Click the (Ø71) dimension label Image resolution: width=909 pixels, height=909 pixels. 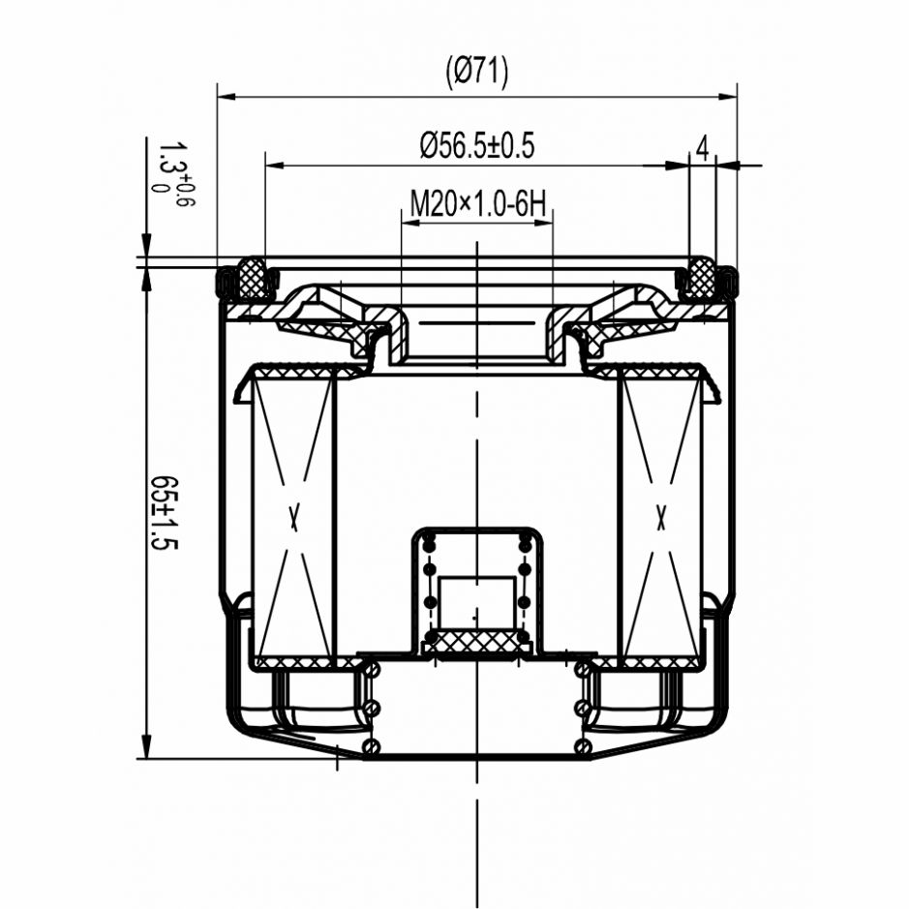[476, 73]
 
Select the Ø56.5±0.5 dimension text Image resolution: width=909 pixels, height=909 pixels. [476, 145]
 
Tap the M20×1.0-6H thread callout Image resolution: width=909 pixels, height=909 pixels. [477, 204]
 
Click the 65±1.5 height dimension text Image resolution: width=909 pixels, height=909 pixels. [164, 512]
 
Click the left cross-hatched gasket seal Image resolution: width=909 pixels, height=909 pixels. [253, 278]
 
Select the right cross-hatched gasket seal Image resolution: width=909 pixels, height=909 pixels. [700, 277]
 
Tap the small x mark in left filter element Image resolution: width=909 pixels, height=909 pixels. [294, 518]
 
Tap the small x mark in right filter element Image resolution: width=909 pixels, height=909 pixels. [660, 518]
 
